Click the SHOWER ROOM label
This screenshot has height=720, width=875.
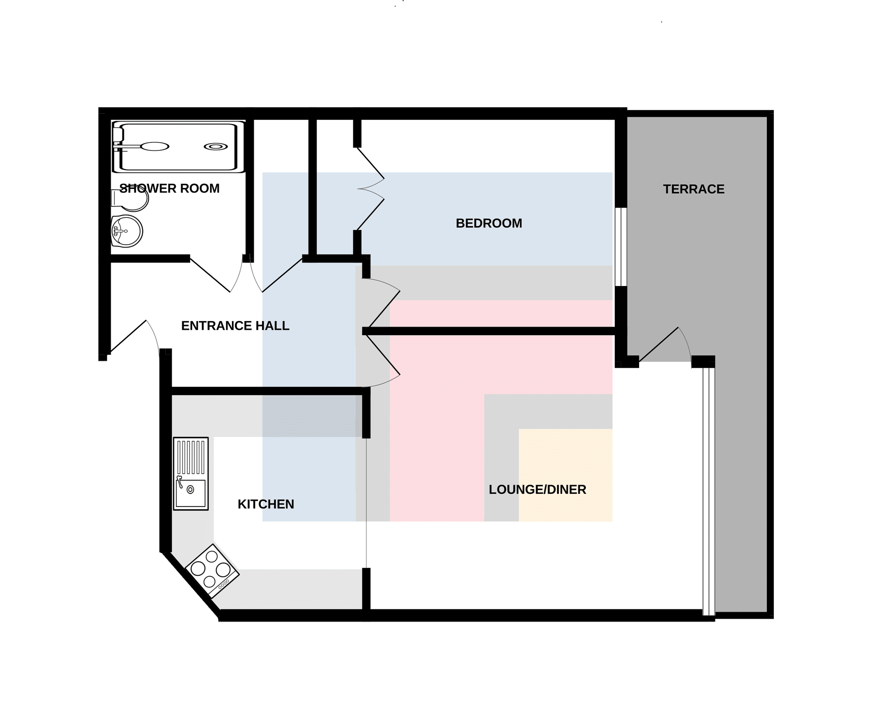[169, 189]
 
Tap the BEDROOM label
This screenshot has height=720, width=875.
[489, 223]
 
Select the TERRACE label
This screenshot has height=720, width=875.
[693, 189]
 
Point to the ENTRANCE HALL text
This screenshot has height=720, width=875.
[235, 326]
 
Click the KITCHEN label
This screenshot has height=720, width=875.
[266, 504]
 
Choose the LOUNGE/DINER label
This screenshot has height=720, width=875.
[537, 489]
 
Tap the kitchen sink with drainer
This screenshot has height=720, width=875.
[191, 473]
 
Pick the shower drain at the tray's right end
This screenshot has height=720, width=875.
[216, 147]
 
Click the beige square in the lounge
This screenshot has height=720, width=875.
[565, 475]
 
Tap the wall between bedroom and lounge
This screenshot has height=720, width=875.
[490, 335]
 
